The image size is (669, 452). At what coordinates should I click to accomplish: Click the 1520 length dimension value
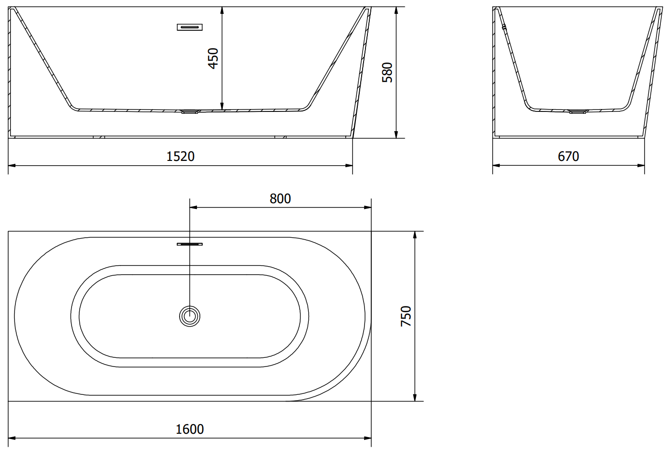coord(181,156)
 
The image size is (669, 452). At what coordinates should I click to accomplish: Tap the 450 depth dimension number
coord(213,58)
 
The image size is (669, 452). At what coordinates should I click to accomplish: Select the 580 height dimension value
coord(388,73)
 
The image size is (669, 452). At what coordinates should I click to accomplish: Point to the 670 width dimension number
coord(568,156)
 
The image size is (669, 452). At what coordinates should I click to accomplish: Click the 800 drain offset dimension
coord(280,199)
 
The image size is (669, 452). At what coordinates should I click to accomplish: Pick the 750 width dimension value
coord(406,316)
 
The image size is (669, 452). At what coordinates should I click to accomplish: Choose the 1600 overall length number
coord(190,429)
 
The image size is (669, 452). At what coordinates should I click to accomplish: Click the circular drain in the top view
coord(190,316)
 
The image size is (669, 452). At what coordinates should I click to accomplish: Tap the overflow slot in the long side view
coord(190,27)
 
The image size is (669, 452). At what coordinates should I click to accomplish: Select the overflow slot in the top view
coord(190,244)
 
